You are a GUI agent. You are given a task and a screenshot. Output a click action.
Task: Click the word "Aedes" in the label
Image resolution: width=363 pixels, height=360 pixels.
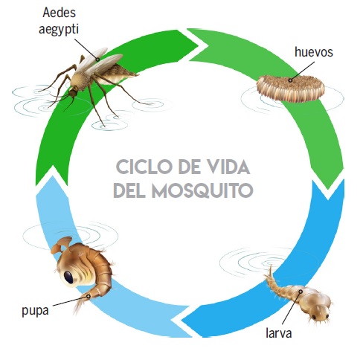[59, 13]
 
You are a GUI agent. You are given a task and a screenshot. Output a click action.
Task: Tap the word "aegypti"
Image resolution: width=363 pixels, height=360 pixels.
[59, 30]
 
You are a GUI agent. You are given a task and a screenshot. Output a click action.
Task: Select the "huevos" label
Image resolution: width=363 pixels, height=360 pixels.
[314, 52]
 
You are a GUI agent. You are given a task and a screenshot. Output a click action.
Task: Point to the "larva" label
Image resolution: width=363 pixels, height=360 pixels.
[278, 332]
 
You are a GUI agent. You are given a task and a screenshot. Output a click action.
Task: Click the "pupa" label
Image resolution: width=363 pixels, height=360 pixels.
[35, 311]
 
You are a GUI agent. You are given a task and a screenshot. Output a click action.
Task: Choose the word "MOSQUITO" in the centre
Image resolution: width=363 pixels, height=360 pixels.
[202, 190]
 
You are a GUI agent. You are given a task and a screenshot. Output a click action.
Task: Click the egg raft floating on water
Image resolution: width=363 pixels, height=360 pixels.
[290, 89]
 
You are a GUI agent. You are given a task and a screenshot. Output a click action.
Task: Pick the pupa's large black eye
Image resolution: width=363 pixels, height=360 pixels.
[68, 277]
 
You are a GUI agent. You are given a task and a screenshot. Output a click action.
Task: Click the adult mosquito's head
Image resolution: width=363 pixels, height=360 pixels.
[73, 92]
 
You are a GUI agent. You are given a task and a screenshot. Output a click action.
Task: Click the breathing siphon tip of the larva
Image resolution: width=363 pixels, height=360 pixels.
[271, 266]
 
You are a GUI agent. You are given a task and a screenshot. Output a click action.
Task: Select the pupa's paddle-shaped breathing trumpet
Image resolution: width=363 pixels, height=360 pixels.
[60, 245]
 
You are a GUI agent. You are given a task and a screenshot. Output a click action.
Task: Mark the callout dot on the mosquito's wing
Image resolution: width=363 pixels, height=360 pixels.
[98, 60]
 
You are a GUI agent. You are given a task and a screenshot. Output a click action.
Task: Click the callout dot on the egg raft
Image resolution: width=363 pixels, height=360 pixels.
[290, 80]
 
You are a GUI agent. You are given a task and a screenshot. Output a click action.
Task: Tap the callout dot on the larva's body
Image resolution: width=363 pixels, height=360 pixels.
[301, 292]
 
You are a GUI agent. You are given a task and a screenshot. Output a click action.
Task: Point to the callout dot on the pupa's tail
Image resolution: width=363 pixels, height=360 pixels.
[89, 296]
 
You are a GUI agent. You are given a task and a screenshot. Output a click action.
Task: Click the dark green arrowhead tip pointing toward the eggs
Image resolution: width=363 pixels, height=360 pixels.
[206, 45]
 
